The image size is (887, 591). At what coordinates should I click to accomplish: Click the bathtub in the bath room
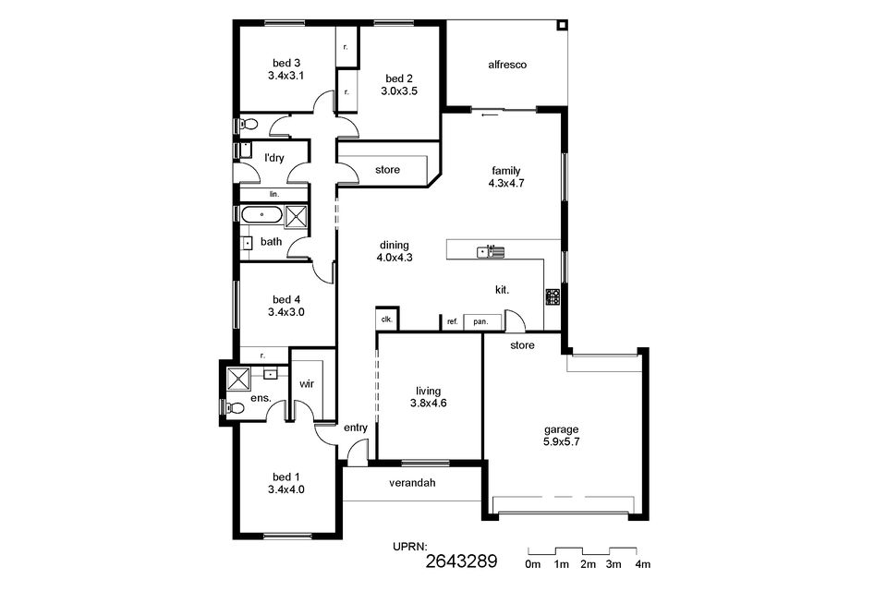(x=261, y=215)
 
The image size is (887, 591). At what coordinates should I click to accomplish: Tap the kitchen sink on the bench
(x=491, y=250)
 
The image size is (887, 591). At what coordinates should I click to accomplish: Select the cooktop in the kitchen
(x=553, y=297)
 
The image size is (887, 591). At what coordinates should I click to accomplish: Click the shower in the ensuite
(x=238, y=379)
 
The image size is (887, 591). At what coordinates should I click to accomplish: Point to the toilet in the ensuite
(x=234, y=407)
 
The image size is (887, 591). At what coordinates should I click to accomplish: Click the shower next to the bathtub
(x=296, y=217)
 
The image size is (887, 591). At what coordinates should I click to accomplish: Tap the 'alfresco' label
(x=507, y=65)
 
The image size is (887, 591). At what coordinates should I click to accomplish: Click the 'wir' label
(x=307, y=384)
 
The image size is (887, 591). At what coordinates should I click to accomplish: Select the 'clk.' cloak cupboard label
(x=387, y=320)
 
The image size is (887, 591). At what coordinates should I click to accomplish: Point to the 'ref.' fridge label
(x=453, y=321)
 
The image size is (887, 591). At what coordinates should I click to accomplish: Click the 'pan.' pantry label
(x=480, y=321)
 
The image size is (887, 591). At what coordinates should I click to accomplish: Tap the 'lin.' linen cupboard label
(x=274, y=194)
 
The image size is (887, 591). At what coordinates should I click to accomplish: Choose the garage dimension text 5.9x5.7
(x=561, y=441)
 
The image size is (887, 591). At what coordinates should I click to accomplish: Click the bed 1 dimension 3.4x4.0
(x=286, y=489)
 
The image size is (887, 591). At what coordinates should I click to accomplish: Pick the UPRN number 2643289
(x=461, y=561)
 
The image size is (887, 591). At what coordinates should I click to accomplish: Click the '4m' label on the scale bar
(x=643, y=564)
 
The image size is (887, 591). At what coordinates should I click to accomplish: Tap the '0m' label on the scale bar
(x=533, y=564)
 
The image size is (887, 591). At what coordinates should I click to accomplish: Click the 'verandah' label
(x=412, y=483)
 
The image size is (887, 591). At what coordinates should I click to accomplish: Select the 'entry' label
(x=356, y=428)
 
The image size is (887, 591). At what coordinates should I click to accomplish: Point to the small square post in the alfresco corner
(x=562, y=26)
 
